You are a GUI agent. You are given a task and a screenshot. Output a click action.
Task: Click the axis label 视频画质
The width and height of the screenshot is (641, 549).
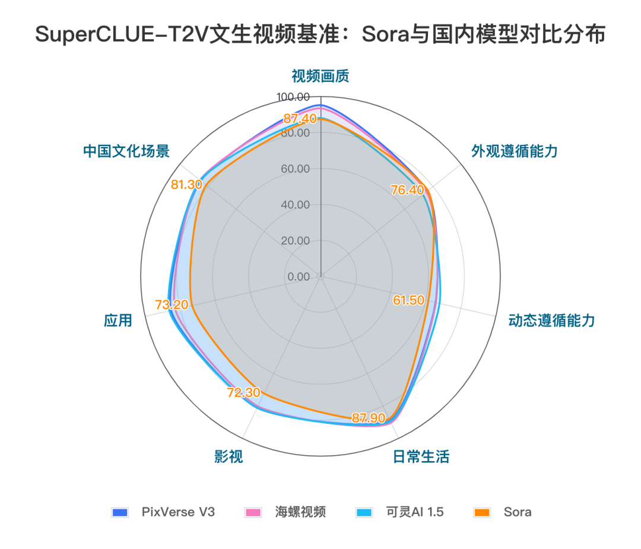[320, 76]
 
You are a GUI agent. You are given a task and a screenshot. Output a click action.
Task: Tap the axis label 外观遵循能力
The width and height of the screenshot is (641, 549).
[515, 151]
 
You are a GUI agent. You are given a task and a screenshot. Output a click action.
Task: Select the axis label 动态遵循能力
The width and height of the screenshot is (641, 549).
[551, 321]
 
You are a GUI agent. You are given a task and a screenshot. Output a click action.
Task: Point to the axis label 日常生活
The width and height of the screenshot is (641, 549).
[421, 456]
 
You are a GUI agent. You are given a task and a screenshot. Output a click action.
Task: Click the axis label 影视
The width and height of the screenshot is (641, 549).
[229, 456]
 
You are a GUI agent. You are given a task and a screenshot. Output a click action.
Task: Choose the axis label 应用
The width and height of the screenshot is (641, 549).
[118, 321]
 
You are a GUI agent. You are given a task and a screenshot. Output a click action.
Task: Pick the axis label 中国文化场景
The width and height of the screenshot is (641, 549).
[126, 151]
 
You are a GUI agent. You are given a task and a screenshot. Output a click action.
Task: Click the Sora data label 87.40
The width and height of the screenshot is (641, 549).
[300, 118]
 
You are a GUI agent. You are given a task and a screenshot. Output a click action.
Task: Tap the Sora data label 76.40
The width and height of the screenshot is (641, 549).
[408, 190]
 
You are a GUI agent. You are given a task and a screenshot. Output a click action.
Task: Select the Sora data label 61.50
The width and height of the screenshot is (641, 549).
[409, 300]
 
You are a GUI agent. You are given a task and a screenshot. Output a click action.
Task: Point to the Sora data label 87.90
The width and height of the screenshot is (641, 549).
[369, 418]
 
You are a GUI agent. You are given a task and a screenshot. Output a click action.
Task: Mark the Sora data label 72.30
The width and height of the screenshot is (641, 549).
[243, 392]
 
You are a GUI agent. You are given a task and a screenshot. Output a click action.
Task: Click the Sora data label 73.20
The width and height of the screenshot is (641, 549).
[172, 305]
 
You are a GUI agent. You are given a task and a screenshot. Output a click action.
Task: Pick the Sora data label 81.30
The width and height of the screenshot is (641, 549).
[186, 185]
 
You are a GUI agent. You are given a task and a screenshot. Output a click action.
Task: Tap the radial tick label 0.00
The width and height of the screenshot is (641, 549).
[299, 277]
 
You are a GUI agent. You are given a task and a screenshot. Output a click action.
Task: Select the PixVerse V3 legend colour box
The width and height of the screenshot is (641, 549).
[120, 512]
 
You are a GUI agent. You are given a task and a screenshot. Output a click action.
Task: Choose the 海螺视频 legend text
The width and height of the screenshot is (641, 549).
[300, 512]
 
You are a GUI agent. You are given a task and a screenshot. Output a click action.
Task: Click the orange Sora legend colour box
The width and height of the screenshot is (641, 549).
[482, 512]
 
